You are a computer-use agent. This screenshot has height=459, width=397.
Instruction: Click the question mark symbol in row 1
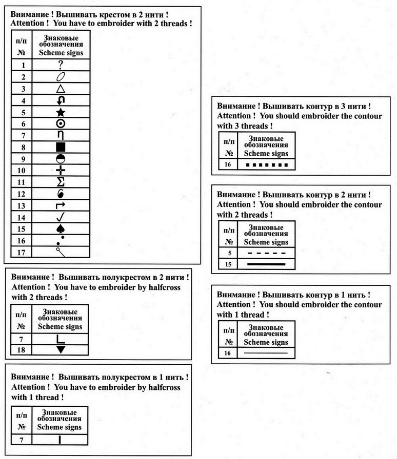[x=61, y=65]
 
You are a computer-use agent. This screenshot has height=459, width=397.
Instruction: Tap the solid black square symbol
[x=61, y=148]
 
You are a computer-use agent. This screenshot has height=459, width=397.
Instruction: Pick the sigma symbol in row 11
[x=61, y=182]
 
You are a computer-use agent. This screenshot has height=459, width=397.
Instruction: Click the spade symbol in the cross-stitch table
[x=61, y=228]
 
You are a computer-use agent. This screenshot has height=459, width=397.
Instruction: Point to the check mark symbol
[x=61, y=217]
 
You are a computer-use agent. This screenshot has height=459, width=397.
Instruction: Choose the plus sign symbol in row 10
[x=61, y=171]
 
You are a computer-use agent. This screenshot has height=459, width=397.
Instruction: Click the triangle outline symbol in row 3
[x=61, y=89]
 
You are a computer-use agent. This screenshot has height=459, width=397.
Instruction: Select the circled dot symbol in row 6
[x=61, y=124]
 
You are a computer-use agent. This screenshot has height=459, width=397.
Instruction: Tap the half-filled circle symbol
[x=61, y=159]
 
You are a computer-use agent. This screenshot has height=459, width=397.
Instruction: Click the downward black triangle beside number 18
[x=61, y=349]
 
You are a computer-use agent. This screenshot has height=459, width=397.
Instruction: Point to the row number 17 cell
[x=21, y=252]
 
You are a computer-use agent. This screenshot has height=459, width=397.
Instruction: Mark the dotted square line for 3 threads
[x=265, y=165]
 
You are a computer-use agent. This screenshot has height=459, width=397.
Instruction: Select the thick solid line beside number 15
[x=266, y=264]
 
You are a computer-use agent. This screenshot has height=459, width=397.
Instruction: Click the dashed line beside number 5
[x=266, y=253]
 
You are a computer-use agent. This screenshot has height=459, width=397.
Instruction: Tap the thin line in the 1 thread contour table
[x=266, y=353]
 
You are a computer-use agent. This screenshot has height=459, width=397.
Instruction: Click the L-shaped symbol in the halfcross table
[x=61, y=338]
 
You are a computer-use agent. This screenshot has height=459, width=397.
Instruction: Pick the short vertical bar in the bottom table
[x=60, y=439]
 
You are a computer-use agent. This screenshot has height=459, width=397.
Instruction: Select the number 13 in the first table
[x=21, y=205]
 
